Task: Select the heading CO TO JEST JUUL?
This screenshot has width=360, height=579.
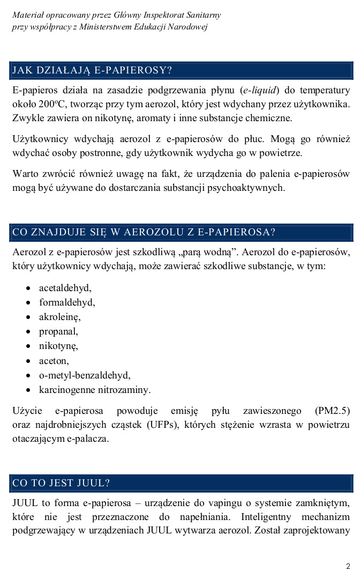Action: pyautogui.click(x=61, y=483)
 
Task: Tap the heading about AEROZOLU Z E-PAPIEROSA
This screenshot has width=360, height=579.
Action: pyautogui.click(x=144, y=232)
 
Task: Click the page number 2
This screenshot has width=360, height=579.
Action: pyautogui.click(x=348, y=566)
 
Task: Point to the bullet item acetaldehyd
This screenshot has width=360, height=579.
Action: pyautogui.click(x=65, y=288)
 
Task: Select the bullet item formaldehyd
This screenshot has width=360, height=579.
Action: pyautogui.click(x=67, y=302)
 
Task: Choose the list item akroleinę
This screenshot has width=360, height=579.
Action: pyautogui.click(x=59, y=317)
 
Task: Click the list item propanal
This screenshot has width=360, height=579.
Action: pyautogui.click(x=58, y=331)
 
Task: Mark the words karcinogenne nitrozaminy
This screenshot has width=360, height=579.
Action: pyautogui.click(x=95, y=390)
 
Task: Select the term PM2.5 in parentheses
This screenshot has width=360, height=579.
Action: pyautogui.click(x=332, y=411)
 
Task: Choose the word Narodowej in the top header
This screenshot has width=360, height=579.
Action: pyautogui.click(x=189, y=27)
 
